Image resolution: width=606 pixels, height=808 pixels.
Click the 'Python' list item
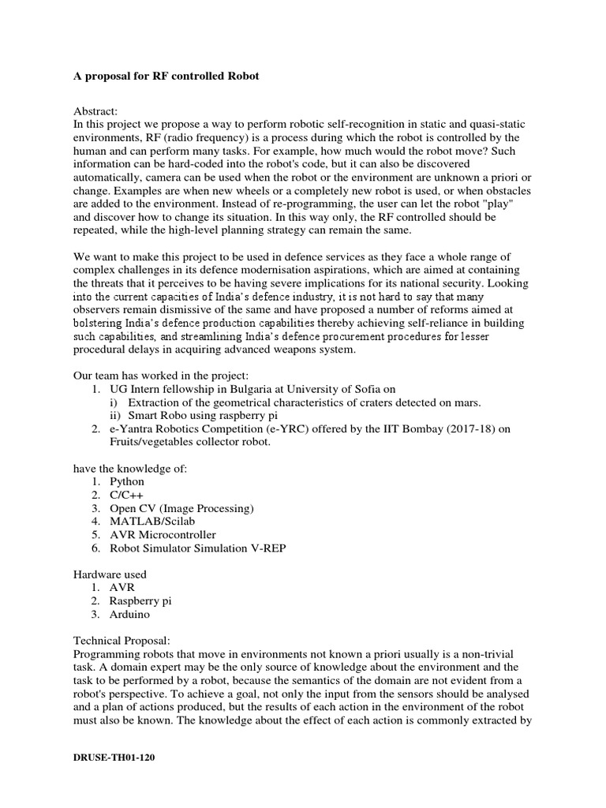coord(128,481)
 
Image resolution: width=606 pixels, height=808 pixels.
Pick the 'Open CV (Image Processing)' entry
coord(181,508)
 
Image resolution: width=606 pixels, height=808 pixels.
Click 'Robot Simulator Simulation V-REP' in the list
coord(198,548)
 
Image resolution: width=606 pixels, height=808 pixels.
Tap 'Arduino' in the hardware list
coord(129,615)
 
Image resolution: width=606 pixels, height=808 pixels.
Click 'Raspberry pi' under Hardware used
coord(140,601)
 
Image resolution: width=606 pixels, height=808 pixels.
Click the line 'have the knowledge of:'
coord(130,468)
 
